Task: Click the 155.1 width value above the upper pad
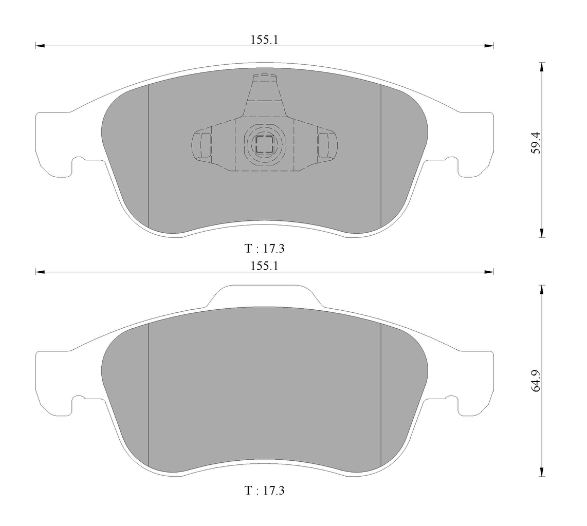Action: pos(264,40)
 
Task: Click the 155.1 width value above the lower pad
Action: pos(264,266)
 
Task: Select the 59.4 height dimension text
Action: pos(536,142)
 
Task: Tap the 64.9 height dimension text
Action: pos(536,381)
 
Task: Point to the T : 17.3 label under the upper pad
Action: pos(264,249)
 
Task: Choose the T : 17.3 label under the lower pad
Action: pos(264,491)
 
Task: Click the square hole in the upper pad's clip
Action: pos(265,144)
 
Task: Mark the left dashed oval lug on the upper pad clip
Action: pos(202,144)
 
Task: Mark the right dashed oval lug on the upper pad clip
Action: pos(327,144)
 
